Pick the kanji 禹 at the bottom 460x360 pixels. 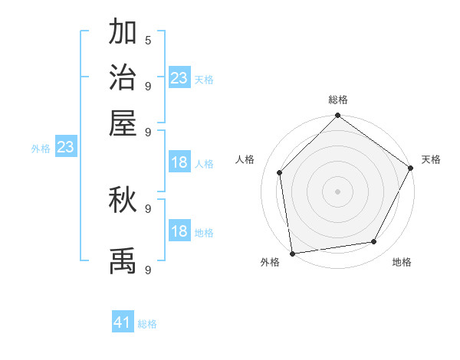(x=123, y=260)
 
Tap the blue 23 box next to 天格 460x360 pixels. (x=179, y=78)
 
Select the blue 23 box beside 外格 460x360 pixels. (x=65, y=147)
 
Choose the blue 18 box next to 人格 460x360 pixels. (x=179, y=162)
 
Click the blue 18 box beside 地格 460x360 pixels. (x=179, y=231)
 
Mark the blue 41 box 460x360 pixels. (x=123, y=322)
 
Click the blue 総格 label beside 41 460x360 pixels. (x=148, y=324)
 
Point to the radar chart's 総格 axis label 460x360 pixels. (x=338, y=100)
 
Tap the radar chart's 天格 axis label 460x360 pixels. (x=432, y=159)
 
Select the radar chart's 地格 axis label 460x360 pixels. (x=402, y=263)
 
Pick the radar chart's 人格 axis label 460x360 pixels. (x=245, y=159)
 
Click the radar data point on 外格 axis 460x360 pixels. (x=292, y=253)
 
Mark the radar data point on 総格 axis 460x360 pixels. (x=338, y=116)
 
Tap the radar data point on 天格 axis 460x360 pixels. (x=411, y=169)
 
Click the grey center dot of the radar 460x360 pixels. (x=338, y=191)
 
